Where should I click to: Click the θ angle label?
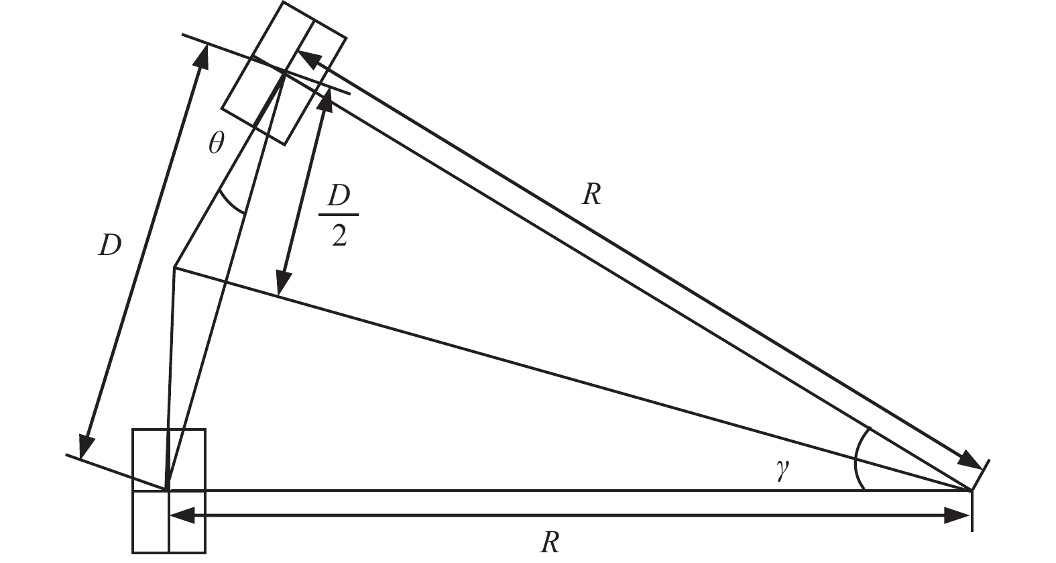coord(215,143)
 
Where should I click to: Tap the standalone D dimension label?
coord(109,246)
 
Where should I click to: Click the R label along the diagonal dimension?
coord(591,195)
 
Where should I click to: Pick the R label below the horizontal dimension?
coord(550,542)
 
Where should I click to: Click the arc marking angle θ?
coord(231,203)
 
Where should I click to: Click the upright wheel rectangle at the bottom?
coord(169,491)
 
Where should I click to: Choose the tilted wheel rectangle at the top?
coord(284,72)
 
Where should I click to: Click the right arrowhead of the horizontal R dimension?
coord(957,515)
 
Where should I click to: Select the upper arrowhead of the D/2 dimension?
coord(327,98)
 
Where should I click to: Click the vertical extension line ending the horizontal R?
coord(972,511)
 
